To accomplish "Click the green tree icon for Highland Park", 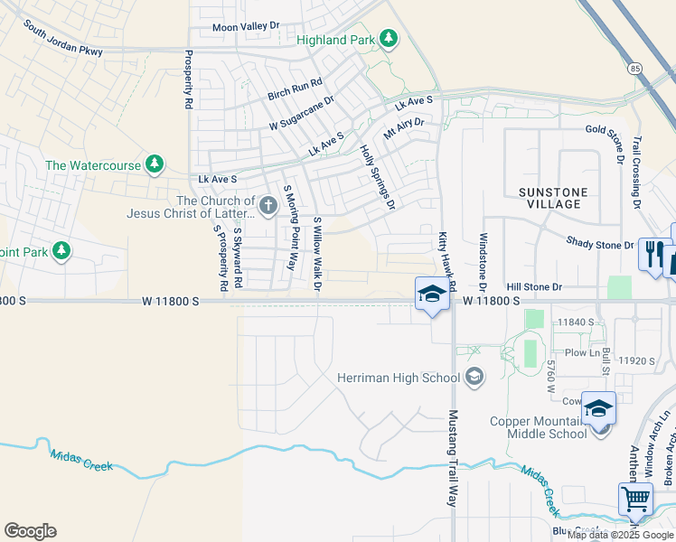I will pos(388,38).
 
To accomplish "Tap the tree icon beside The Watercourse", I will pos(155,164).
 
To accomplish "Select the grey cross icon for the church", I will pos(267,208).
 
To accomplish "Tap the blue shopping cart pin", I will pos(635,498).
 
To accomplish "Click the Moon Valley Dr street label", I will pos(247,27).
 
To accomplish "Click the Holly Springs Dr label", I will pos(378,177).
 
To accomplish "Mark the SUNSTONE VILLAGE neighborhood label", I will pos(552,198).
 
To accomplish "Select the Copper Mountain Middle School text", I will pos(539,426).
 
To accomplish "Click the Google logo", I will pos(30,531).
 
